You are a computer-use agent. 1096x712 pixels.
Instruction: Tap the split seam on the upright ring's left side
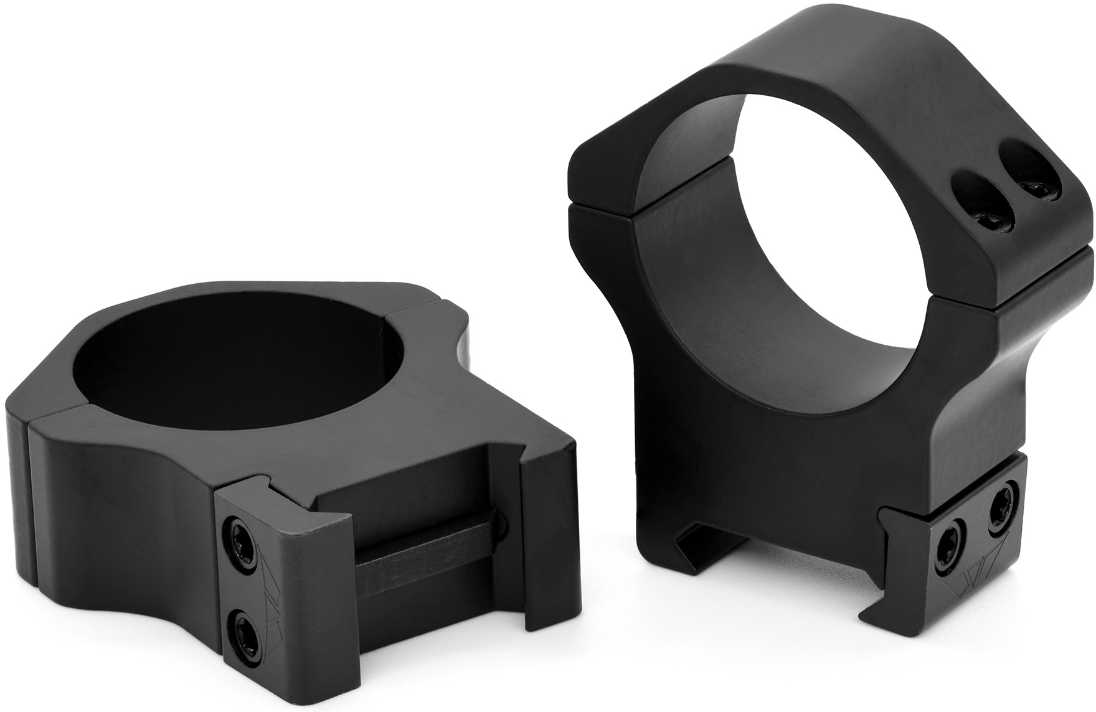pos(601,205)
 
